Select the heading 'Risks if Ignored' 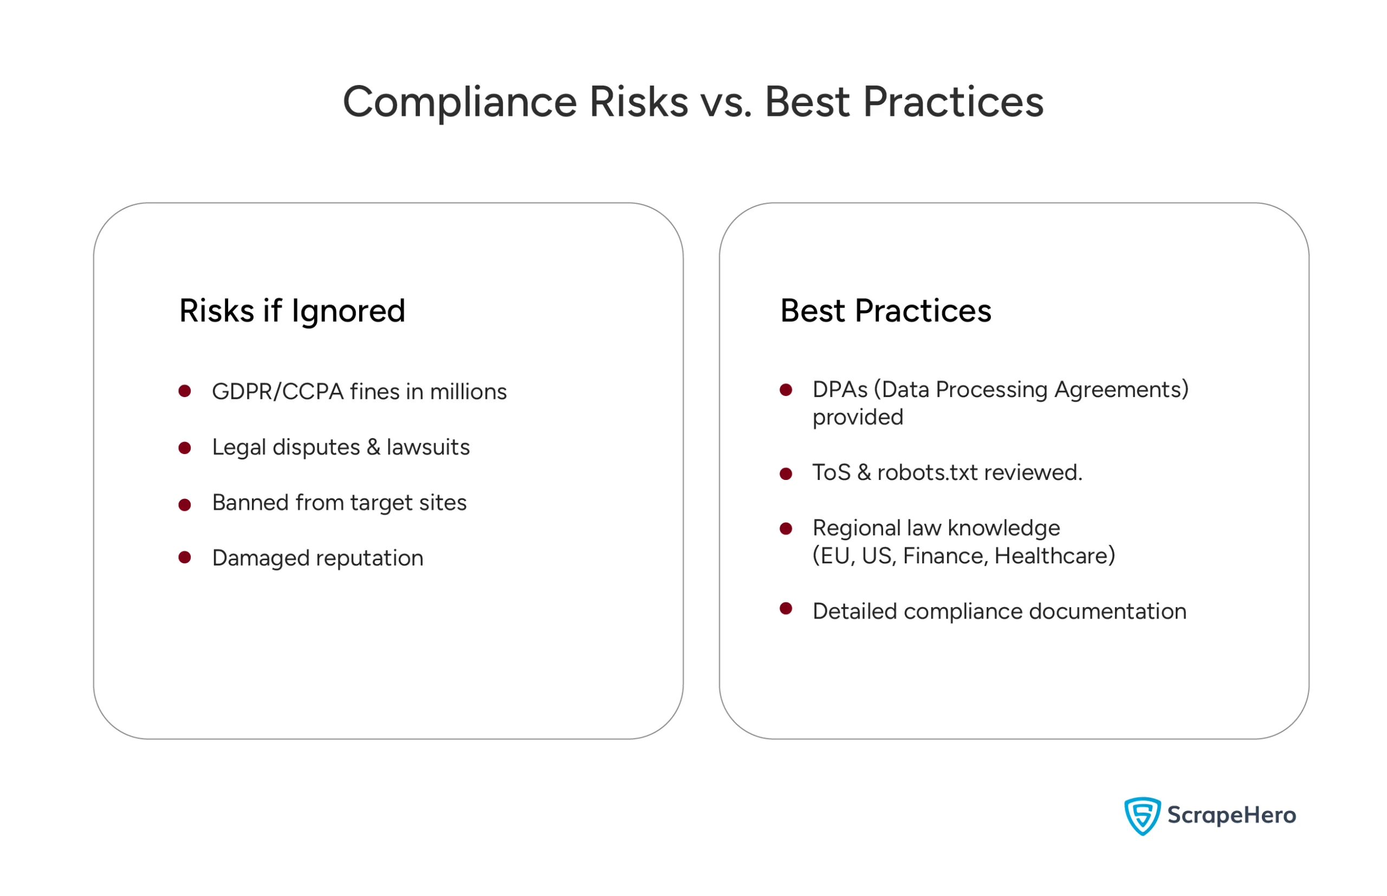click(x=292, y=311)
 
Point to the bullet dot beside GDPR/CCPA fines click(x=185, y=391)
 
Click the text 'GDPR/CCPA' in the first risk click(x=277, y=392)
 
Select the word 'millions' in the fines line click(x=468, y=392)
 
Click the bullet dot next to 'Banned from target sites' click(x=185, y=504)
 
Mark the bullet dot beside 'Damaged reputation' click(x=185, y=557)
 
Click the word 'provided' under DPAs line click(x=858, y=417)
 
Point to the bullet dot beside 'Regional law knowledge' click(x=786, y=528)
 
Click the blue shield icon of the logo click(x=1142, y=816)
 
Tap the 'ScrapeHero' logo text click(x=1231, y=816)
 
